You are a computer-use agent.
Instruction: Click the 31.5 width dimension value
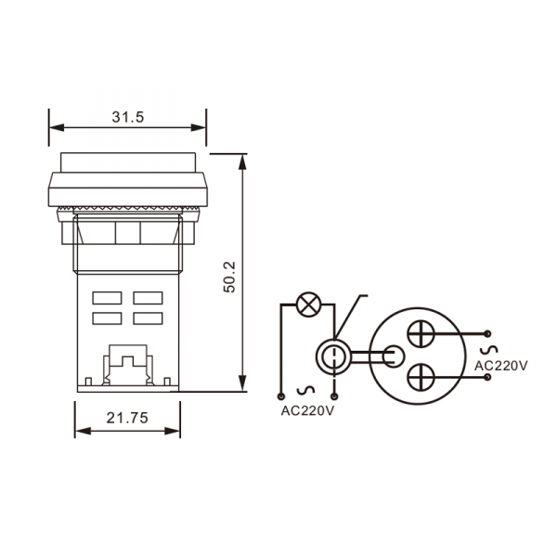coord(128,117)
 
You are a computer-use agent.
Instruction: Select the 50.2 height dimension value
coord(229,277)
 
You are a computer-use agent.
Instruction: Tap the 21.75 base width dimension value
coord(127,418)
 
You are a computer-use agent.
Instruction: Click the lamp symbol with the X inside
coord(308,304)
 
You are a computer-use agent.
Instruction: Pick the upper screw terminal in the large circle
coord(421,333)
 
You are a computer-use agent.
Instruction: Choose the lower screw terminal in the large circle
coord(421,377)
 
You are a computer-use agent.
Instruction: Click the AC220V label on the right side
coord(501,366)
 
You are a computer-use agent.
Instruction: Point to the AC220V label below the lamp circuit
coord(307,410)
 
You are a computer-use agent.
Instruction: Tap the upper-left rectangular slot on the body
coord(107,298)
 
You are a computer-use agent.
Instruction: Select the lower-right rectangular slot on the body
coord(149,318)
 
